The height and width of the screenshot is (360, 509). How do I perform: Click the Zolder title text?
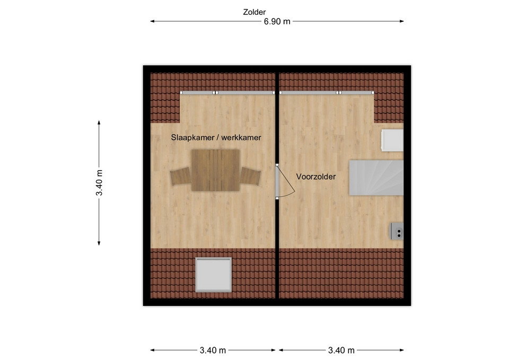[x=254, y=12]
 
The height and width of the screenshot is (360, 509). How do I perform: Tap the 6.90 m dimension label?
[x=277, y=21]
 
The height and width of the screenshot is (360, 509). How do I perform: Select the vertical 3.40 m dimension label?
[x=99, y=183]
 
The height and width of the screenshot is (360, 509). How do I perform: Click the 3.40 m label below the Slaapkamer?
[x=213, y=350]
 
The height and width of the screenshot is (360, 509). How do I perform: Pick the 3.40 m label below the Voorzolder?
[x=341, y=350]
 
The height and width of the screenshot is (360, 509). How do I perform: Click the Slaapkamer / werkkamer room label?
[x=216, y=138]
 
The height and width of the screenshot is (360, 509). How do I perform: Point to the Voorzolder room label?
[x=316, y=177]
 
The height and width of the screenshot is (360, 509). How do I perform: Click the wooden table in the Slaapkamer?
[x=216, y=170]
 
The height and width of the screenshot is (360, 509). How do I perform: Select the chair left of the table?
[x=180, y=176]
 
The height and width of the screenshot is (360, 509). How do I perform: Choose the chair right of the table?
[x=250, y=176]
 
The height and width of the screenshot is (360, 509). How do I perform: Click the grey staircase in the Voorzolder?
[x=376, y=178]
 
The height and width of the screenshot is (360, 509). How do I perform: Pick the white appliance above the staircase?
[x=392, y=140]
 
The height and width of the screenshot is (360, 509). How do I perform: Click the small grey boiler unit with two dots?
[x=397, y=231]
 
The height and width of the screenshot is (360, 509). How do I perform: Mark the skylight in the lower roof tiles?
[x=213, y=275]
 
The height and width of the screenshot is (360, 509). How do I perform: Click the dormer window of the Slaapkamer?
[x=227, y=93]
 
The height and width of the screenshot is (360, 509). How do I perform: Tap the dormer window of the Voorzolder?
[x=327, y=93]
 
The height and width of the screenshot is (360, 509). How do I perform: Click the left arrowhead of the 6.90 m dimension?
[x=152, y=21]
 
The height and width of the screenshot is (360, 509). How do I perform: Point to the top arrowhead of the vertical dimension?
[x=99, y=122]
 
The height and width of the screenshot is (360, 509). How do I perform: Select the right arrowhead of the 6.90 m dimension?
[x=402, y=21]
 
